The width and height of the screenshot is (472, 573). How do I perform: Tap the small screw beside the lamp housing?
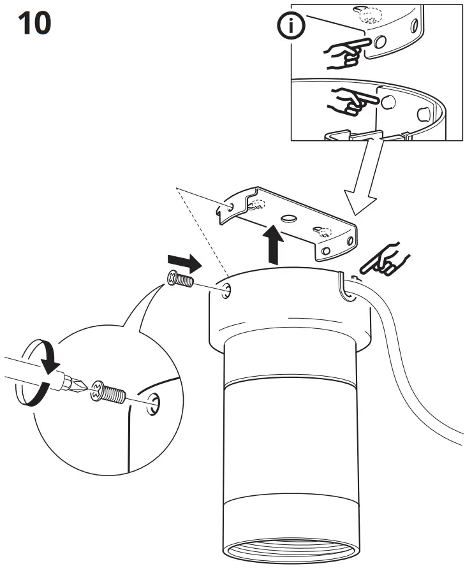pos(181,280)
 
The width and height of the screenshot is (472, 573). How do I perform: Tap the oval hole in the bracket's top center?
pos(288,219)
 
